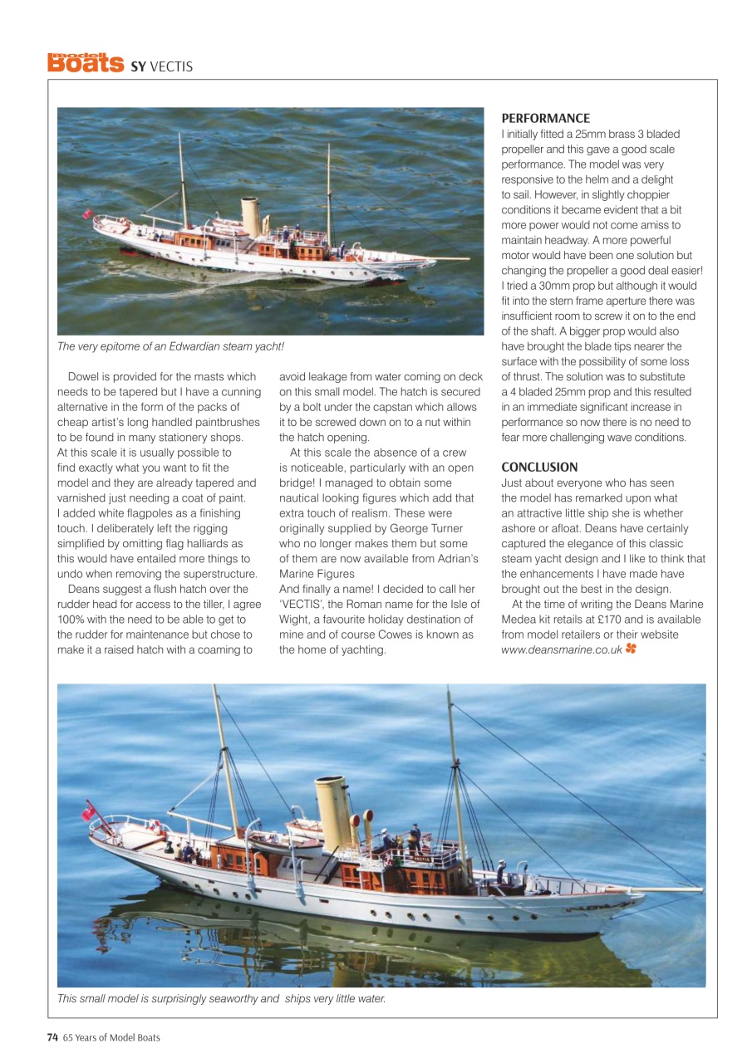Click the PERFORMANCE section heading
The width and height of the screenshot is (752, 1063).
tap(545, 119)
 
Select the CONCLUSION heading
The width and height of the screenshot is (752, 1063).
tap(539, 468)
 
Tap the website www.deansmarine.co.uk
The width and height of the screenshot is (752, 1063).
tap(562, 650)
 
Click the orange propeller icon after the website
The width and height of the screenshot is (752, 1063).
tap(632, 649)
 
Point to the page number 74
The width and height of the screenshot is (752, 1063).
tap(52, 1037)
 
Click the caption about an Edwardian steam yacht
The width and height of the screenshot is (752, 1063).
tap(170, 346)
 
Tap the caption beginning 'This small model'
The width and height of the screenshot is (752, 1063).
tap(221, 998)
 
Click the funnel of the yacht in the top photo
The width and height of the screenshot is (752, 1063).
tap(250, 216)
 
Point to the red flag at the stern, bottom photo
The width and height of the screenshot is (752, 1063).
tap(88, 814)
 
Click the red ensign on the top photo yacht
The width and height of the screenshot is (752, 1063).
tap(86, 214)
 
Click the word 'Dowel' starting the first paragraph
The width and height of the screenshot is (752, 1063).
tap(84, 377)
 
